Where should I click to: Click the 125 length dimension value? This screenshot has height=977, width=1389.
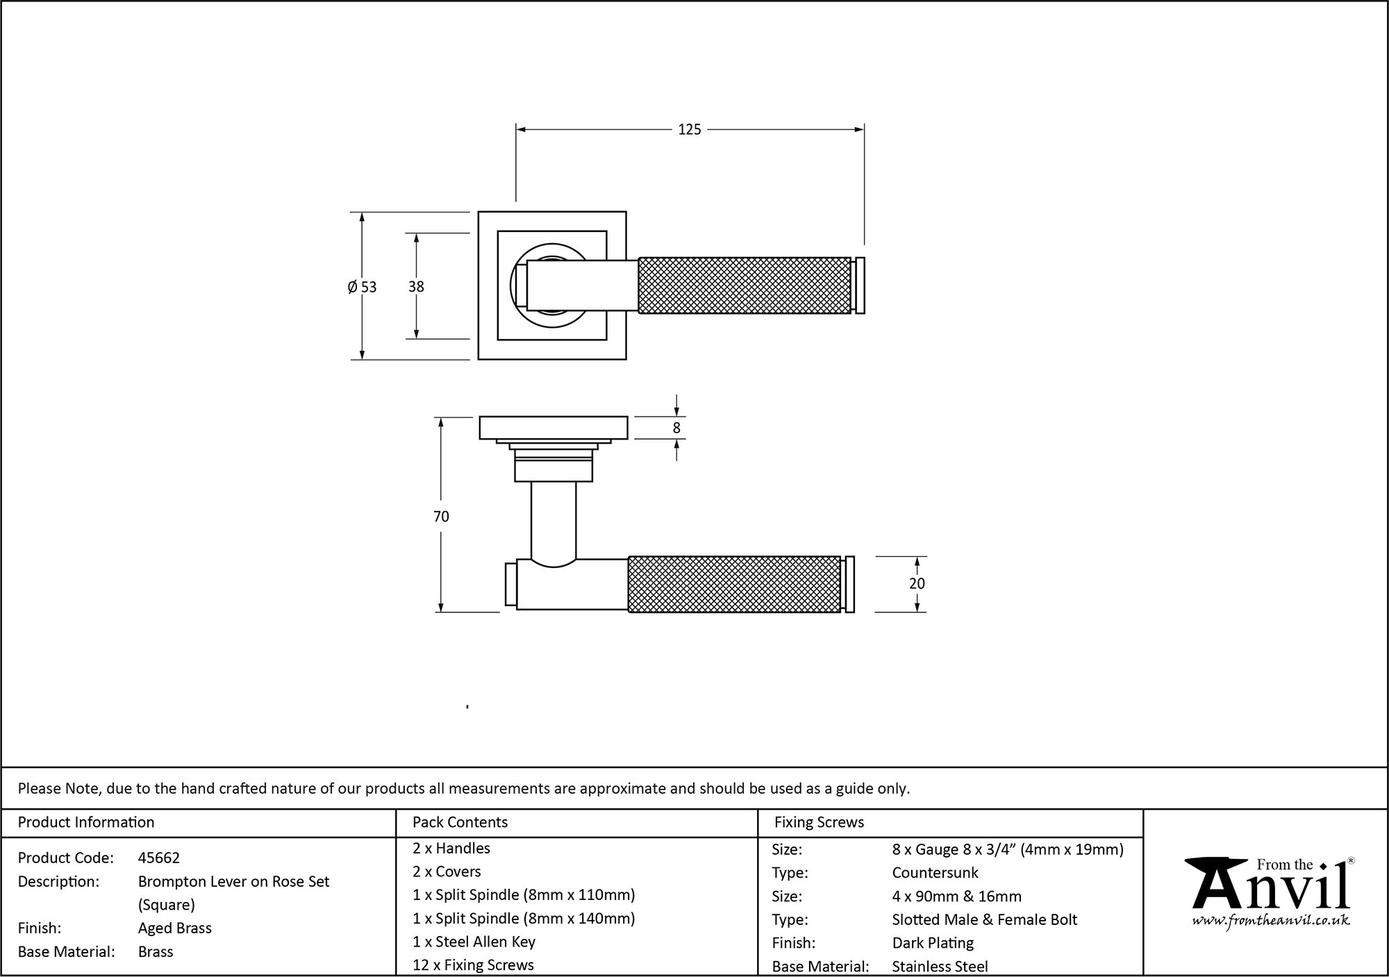coord(689,130)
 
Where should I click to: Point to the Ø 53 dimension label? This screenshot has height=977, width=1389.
coord(362,287)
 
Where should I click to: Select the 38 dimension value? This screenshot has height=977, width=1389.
coord(416,287)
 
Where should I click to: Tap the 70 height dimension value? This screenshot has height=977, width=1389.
coord(441,517)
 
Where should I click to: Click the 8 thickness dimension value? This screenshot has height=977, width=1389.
coord(676,428)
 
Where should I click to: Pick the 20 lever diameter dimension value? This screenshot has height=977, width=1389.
coord(917,584)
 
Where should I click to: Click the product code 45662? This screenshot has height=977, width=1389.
coord(159,858)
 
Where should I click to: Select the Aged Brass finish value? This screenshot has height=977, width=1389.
coord(175,928)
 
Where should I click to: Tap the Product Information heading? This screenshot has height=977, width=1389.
coord(86,823)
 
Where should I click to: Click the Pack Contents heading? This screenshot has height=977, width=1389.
coord(460,823)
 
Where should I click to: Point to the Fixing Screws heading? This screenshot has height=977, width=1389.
coord(819,823)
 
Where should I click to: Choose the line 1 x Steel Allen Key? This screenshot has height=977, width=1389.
coord(474,942)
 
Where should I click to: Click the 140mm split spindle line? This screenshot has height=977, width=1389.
coord(524,919)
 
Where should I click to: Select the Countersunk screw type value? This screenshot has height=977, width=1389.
coord(935,873)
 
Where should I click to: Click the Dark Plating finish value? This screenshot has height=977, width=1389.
coord(933,943)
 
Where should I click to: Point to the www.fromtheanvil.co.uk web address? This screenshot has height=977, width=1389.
coord(1271,921)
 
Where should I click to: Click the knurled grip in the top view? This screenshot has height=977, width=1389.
coord(744,285)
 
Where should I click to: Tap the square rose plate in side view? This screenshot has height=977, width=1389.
coord(554,428)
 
